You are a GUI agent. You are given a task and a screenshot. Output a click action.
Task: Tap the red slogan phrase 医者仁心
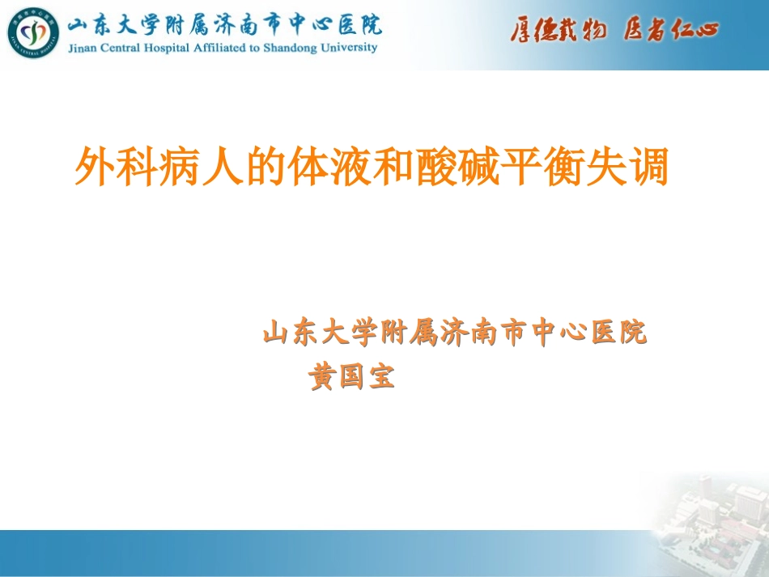pyautogui.click(x=671, y=31)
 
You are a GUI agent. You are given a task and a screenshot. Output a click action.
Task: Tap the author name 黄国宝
pyautogui.click(x=352, y=378)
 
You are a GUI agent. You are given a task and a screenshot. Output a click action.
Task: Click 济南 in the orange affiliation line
pyautogui.click(x=468, y=333)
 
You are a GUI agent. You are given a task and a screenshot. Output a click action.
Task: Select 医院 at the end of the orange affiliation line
pyautogui.click(x=620, y=333)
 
